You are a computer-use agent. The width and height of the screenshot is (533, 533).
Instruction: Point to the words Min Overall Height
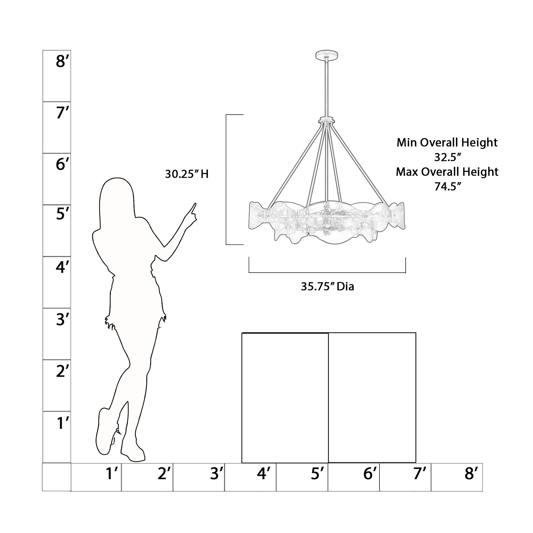pyautogui.click(x=447, y=143)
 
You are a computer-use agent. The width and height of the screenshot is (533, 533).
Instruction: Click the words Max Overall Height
pyautogui.click(x=447, y=172)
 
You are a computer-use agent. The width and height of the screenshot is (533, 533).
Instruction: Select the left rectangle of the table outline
pyautogui.click(x=285, y=398)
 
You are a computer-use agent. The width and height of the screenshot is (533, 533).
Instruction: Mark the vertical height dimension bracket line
pyautogui.click(x=226, y=179)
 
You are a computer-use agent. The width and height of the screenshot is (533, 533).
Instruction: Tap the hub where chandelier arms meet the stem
pyautogui.click(x=327, y=121)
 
